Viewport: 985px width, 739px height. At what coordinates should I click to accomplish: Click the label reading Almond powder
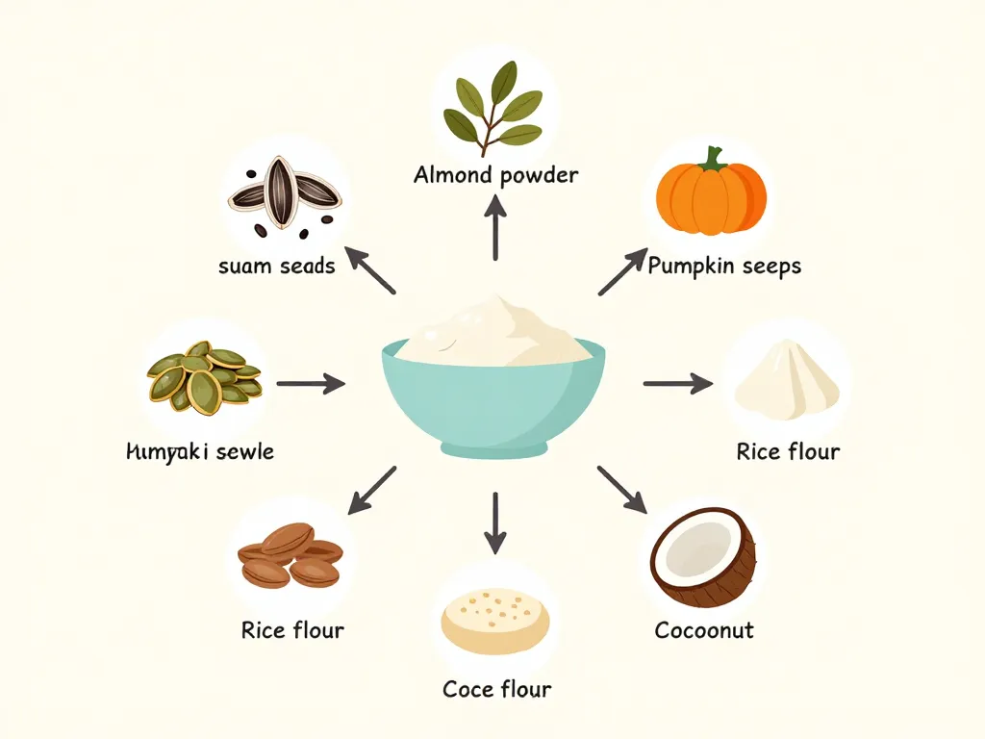pos(495,175)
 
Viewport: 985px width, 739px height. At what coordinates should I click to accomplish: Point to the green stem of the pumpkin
pos(713,157)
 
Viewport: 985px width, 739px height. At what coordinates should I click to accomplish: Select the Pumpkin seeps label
pos(724,266)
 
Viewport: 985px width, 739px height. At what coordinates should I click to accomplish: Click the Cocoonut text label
pos(703,630)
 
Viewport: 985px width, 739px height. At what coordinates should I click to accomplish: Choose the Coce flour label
pos(496,689)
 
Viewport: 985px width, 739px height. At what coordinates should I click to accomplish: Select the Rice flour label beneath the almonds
pos(292,630)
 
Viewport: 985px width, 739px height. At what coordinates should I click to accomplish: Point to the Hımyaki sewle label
pos(200,450)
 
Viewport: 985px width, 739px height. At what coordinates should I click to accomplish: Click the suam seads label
pos(277,266)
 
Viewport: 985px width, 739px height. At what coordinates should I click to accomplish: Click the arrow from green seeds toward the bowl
pos(310,384)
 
